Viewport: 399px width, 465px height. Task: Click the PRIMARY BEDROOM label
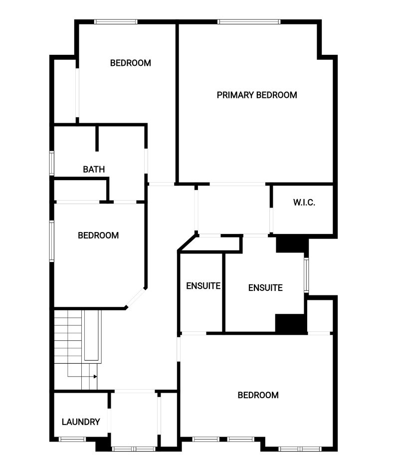click(257, 95)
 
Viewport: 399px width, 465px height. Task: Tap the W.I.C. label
click(304, 202)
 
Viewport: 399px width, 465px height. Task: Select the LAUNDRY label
click(81, 422)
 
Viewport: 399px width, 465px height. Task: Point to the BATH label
click(94, 169)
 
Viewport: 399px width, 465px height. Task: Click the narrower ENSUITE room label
click(203, 285)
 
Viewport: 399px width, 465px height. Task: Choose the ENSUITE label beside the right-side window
click(265, 288)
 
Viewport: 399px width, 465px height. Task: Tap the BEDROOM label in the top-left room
click(131, 63)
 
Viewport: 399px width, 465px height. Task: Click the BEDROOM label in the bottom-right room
click(258, 395)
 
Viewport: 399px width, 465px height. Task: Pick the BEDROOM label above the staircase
click(98, 235)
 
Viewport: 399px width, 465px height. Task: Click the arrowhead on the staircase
click(95, 377)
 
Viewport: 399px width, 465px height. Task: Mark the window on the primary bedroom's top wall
click(249, 21)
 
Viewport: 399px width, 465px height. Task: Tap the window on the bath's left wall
click(51, 163)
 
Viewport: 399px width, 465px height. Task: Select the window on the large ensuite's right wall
click(306, 275)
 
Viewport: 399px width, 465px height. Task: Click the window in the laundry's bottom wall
click(72, 439)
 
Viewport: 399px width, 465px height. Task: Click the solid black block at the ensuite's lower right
click(291, 323)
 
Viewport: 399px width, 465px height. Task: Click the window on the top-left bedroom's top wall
click(116, 21)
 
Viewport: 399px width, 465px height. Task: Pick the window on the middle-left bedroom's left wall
click(51, 241)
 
